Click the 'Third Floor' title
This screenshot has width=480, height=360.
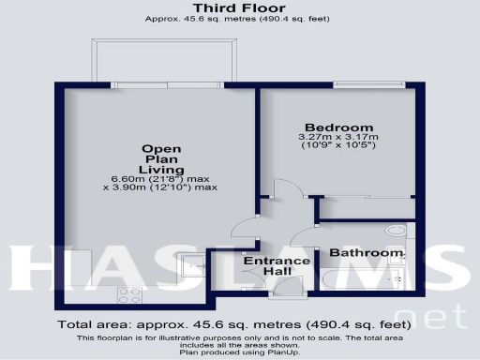click(240, 7)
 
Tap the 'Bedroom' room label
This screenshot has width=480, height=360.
click(338, 127)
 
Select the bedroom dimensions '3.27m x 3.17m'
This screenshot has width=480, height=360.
click(338, 137)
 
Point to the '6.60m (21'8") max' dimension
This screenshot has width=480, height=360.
click(160, 177)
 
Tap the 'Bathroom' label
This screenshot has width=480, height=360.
click(365, 253)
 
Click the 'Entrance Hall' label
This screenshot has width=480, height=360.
click(277, 265)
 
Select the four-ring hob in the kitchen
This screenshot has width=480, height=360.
click(129, 293)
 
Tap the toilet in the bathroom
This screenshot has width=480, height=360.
click(397, 230)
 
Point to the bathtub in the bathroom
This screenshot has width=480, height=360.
click(361, 277)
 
